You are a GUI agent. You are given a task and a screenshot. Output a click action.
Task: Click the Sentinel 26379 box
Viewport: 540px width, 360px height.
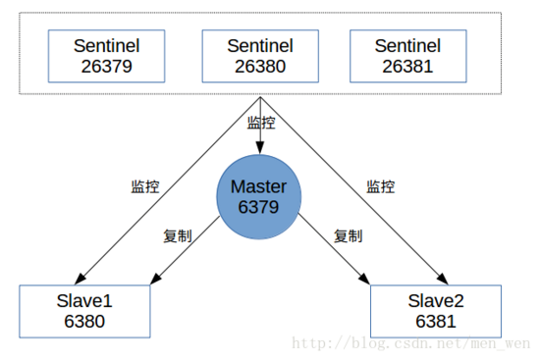coord(103,56)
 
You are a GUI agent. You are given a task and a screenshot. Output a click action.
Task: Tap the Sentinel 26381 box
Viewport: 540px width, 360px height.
coord(407,56)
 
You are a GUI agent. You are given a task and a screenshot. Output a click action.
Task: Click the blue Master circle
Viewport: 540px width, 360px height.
coord(259,196)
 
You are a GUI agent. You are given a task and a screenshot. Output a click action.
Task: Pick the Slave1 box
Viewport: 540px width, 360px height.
coord(86,310)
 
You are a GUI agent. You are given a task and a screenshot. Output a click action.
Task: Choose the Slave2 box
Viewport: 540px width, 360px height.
coord(436,310)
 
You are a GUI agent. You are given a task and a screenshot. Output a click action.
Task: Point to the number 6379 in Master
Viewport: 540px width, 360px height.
coord(259,207)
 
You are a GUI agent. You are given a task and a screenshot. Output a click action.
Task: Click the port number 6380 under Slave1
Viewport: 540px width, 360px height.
coord(86,320)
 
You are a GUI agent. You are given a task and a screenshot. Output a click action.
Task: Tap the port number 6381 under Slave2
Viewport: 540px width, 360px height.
coord(436,320)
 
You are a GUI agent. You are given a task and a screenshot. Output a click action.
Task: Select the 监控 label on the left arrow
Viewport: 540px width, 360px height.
coord(145,186)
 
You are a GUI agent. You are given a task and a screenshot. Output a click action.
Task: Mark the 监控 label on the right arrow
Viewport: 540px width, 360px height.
coord(380,186)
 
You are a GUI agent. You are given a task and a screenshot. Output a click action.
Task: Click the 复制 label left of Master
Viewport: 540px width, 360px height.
coord(177,235)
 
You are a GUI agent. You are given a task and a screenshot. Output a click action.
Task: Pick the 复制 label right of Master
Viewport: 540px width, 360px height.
coord(348,235)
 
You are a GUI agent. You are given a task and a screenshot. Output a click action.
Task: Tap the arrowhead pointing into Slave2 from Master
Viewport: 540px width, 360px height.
coord(368,280)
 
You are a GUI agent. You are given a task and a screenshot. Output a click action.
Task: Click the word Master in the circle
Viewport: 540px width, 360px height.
coord(259,186)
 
